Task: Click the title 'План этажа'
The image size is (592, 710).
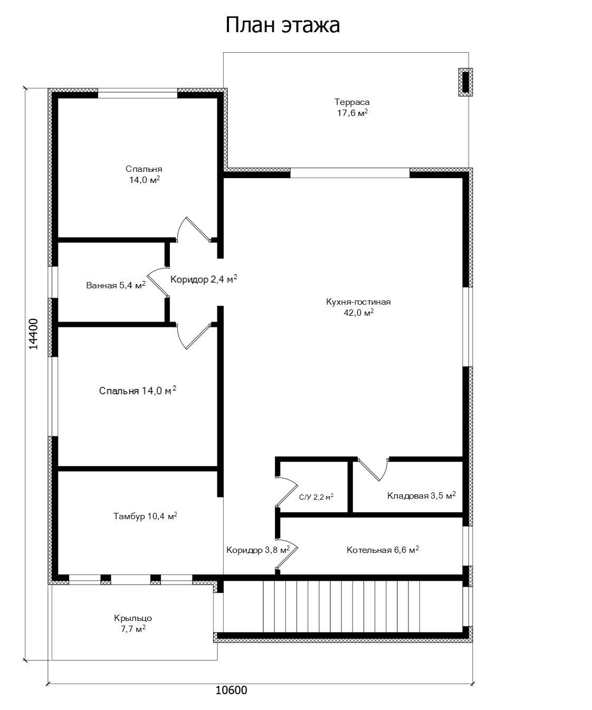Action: [283, 25]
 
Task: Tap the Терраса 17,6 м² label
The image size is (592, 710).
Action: [352, 107]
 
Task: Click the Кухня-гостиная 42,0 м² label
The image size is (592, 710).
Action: [358, 307]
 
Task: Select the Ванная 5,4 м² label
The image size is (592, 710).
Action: [116, 285]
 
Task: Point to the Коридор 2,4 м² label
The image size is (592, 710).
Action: [204, 279]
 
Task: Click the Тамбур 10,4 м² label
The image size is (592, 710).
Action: [145, 516]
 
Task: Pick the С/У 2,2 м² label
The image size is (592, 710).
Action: [316, 497]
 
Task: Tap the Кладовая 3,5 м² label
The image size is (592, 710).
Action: [422, 495]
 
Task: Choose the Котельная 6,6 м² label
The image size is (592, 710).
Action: [383, 550]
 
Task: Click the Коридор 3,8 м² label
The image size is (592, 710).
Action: [258, 550]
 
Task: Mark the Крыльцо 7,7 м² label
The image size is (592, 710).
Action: [133, 623]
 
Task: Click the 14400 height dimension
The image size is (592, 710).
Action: [33, 334]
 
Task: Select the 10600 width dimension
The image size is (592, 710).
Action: [232, 690]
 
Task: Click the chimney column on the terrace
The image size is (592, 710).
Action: [465, 82]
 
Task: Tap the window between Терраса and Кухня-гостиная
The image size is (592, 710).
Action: [350, 173]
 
